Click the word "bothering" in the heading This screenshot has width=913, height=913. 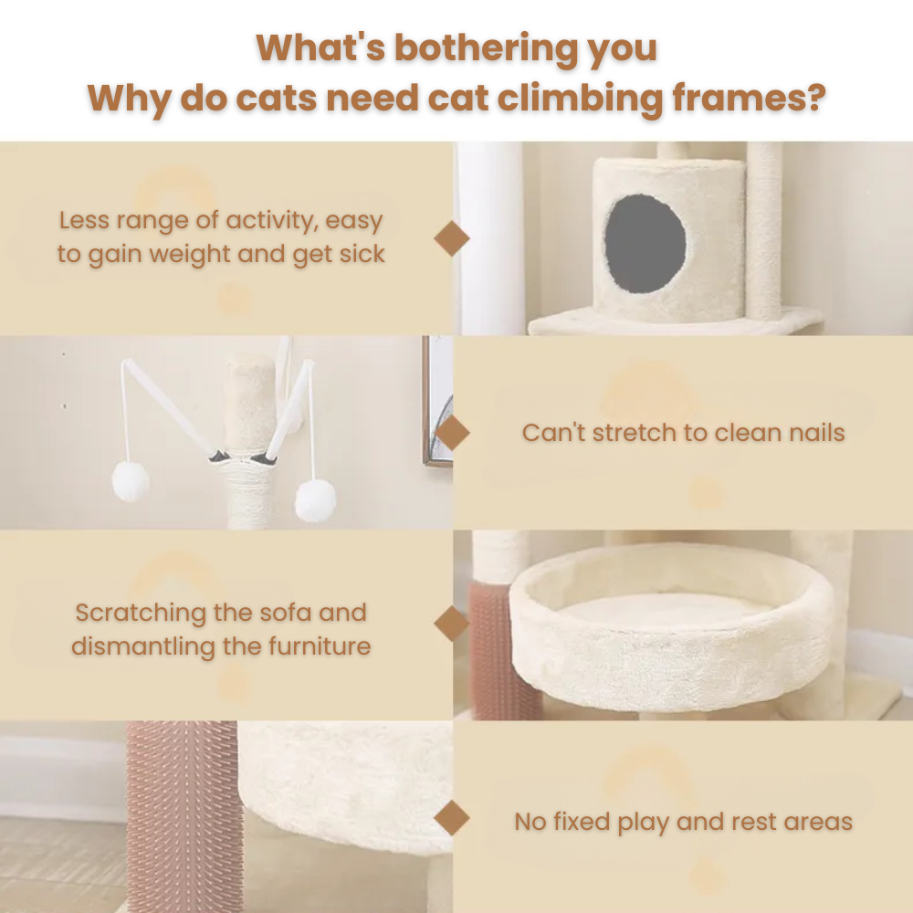(x=486, y=47)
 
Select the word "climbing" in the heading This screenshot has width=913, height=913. (x=580, y=98)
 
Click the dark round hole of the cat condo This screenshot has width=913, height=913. (x=645, y=244)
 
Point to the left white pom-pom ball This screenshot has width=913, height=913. (x=131, y=481)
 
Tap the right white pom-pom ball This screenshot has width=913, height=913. (x=315, y=500)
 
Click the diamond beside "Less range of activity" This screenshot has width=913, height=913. (x=452, y=238)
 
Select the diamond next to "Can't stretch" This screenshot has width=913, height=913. (x=452, y=433)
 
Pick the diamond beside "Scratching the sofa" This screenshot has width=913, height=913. (x=452, y=624)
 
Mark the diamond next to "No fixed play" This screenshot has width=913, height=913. (x=452, y=818)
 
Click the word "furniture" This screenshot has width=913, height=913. (x=319, y=646)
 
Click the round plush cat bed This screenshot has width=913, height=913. (x=672, y=628)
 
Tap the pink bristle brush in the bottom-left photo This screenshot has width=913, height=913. (x=184, y=816)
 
